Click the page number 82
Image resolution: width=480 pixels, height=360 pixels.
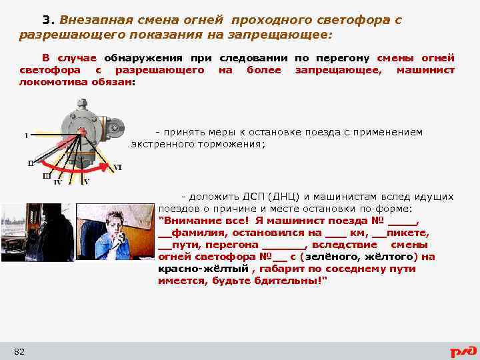(19, 351)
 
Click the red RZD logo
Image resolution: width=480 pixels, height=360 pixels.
(462, 351)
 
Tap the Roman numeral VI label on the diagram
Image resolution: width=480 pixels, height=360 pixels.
(117, 167)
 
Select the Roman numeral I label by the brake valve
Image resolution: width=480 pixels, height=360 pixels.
(26, 136)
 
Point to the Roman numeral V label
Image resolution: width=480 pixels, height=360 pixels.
(86, 182)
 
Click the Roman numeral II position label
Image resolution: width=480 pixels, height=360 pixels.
(31, 163)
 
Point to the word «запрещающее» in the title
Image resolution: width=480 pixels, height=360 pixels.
(291, 33)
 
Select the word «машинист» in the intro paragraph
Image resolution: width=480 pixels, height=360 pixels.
(425, 70)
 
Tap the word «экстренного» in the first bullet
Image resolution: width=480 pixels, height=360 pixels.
(163, 143)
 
